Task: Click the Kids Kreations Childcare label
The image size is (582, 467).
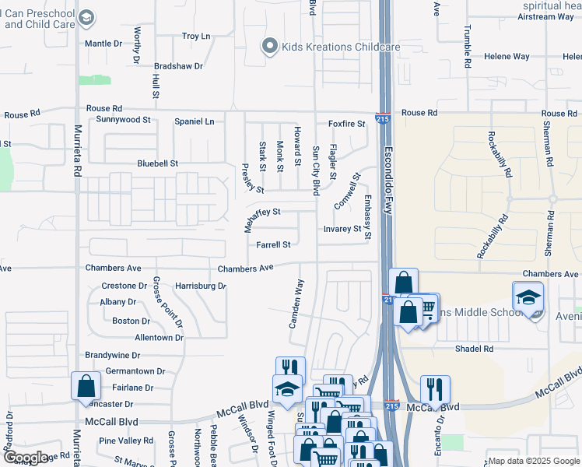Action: click(x=342, y=47)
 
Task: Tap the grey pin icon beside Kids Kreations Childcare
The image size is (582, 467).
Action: click(x=270, y=47)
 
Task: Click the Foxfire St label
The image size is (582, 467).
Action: click(x=346, y=124)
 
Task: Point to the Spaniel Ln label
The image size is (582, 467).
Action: click(x=194, y=121)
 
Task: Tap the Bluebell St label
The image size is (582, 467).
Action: click(x=158, y=164)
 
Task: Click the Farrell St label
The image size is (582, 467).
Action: click(x=273, y=244)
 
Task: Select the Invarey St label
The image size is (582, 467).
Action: click(x=342, y=230)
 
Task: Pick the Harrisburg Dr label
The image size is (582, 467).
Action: click(x=200, y=286)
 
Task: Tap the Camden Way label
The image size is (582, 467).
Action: click(x=296, y=304)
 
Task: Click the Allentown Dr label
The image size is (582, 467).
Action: click(x=159, y=338)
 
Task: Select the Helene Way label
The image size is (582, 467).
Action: click(x=507, y=57)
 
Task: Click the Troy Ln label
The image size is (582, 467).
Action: click(x=196, y=36)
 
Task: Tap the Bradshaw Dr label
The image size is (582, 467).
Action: click(x=178, y=66)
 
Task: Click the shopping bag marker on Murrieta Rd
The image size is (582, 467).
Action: click(x=86, y=386)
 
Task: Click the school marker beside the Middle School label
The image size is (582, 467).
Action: click(x=528, y=297)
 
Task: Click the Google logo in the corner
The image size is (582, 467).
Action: click(x=26, y=457)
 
